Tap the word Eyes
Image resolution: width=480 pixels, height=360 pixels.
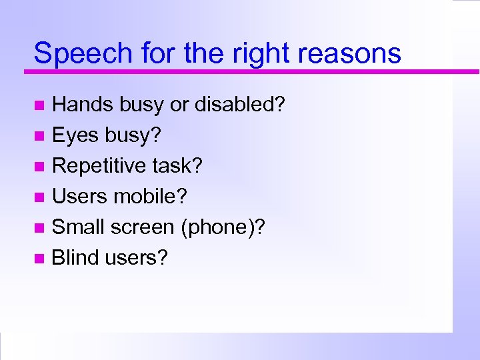[x=75, y=135]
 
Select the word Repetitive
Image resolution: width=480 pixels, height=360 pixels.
[x=103, y=166]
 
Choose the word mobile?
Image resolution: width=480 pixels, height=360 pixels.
[x=151, y=197]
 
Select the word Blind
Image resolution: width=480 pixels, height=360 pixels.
[x=75, y=257]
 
